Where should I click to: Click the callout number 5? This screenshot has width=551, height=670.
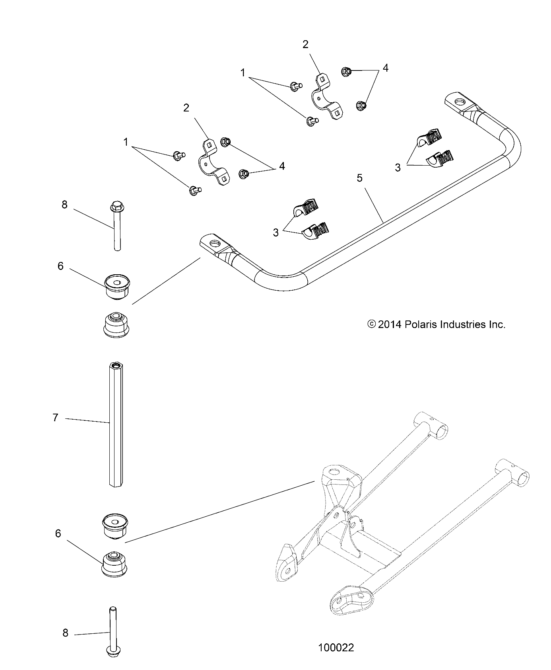click(x=359, y=178)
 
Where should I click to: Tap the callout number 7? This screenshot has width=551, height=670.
click(x=55, y=418)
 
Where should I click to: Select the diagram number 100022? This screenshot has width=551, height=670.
click(x=336, y=648)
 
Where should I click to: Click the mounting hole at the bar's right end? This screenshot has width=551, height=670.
click(x=461, y=102)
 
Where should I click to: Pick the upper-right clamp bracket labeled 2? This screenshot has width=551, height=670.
click(x=326, y=98)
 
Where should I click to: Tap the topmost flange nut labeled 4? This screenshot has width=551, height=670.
click(x=346, y=72)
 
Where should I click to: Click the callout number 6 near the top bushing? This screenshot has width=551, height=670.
click(x=60, y=266)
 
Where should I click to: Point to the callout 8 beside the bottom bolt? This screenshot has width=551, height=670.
click(x=66, y=633)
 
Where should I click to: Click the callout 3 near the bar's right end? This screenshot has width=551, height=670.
click(x=398, y=168)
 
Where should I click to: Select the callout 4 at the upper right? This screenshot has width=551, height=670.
click(x=385, y=68)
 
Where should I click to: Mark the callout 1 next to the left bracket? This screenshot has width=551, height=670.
click(x=126, y=142)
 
